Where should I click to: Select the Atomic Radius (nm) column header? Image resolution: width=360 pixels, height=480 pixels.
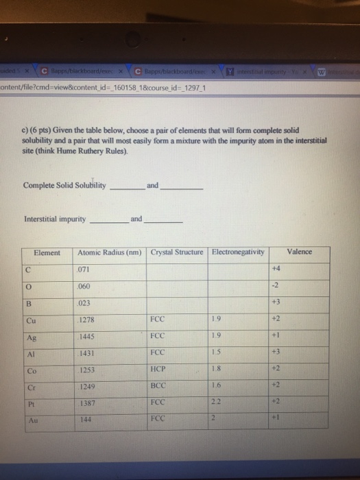(110, 252)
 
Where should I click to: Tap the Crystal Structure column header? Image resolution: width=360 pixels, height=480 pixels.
(177, 252)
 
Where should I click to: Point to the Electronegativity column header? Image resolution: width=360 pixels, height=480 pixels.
(238, 252)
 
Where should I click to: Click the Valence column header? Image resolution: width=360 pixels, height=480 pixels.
(299, 252)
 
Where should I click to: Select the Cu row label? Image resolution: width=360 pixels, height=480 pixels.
(31, 319)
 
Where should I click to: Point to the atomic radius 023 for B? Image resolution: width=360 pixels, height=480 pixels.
(86, 302)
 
